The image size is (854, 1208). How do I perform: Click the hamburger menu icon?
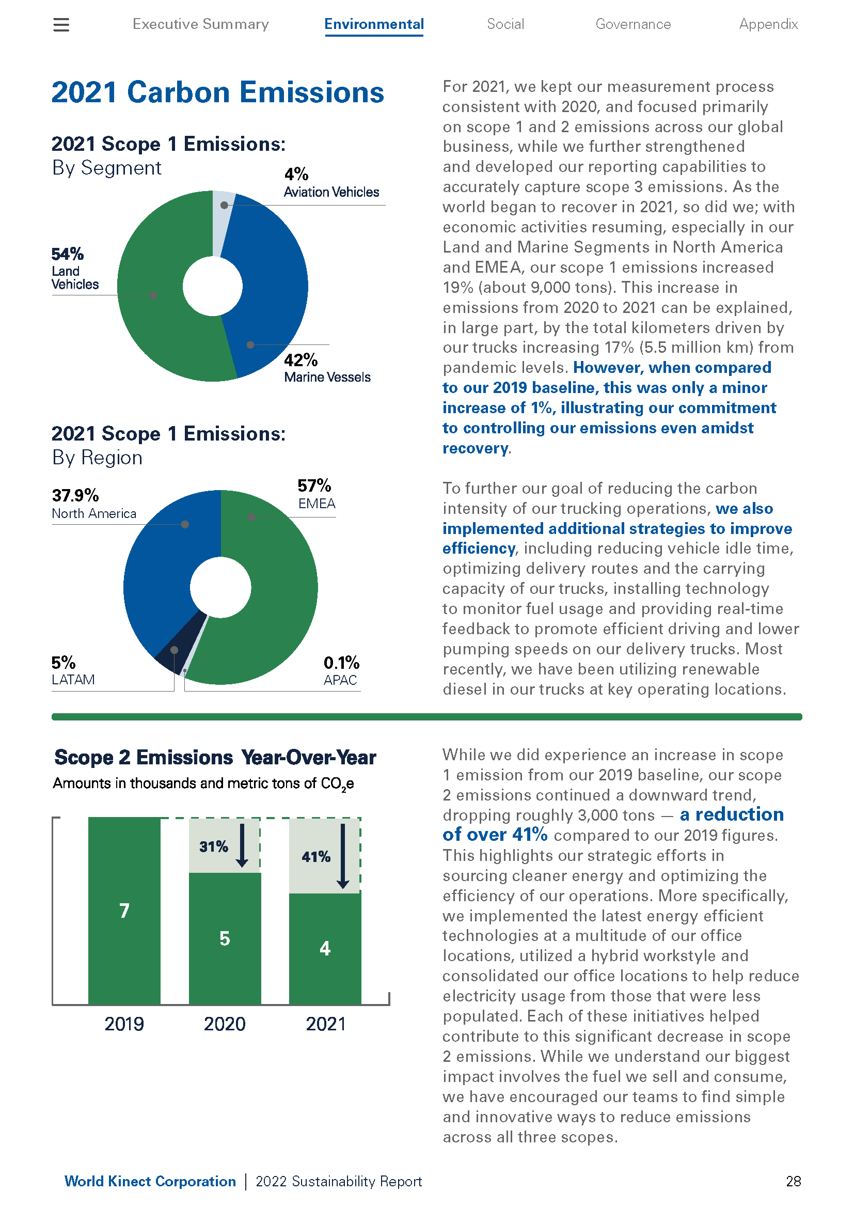pos(61,25)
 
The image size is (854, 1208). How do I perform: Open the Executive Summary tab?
pos(200,24)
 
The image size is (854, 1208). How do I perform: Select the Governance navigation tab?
pos(632,24)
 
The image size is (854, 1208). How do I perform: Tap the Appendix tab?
pos(768,24)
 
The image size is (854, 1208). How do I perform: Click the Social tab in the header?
pos(505,24)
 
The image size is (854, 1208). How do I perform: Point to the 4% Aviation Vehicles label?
pos(331,182)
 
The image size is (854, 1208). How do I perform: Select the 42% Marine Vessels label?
pos(327,368)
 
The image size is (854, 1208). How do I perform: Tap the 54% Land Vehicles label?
pos(75,269)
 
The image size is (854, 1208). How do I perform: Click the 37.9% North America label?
pos(93,504)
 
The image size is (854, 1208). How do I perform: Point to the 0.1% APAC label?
pos(341,670)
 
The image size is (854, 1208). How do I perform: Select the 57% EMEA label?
pos(316,494)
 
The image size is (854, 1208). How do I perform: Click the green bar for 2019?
pos(124,911)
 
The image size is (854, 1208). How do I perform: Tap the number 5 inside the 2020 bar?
pos(225,938)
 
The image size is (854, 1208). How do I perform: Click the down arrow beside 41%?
pos(343,856)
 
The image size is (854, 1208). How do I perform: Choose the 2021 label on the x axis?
pos(325,1024)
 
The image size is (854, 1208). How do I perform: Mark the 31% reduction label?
pos(214,846)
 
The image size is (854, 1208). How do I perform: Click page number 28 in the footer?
pos(793,1181)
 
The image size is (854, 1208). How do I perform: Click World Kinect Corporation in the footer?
pos(150,1181)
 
